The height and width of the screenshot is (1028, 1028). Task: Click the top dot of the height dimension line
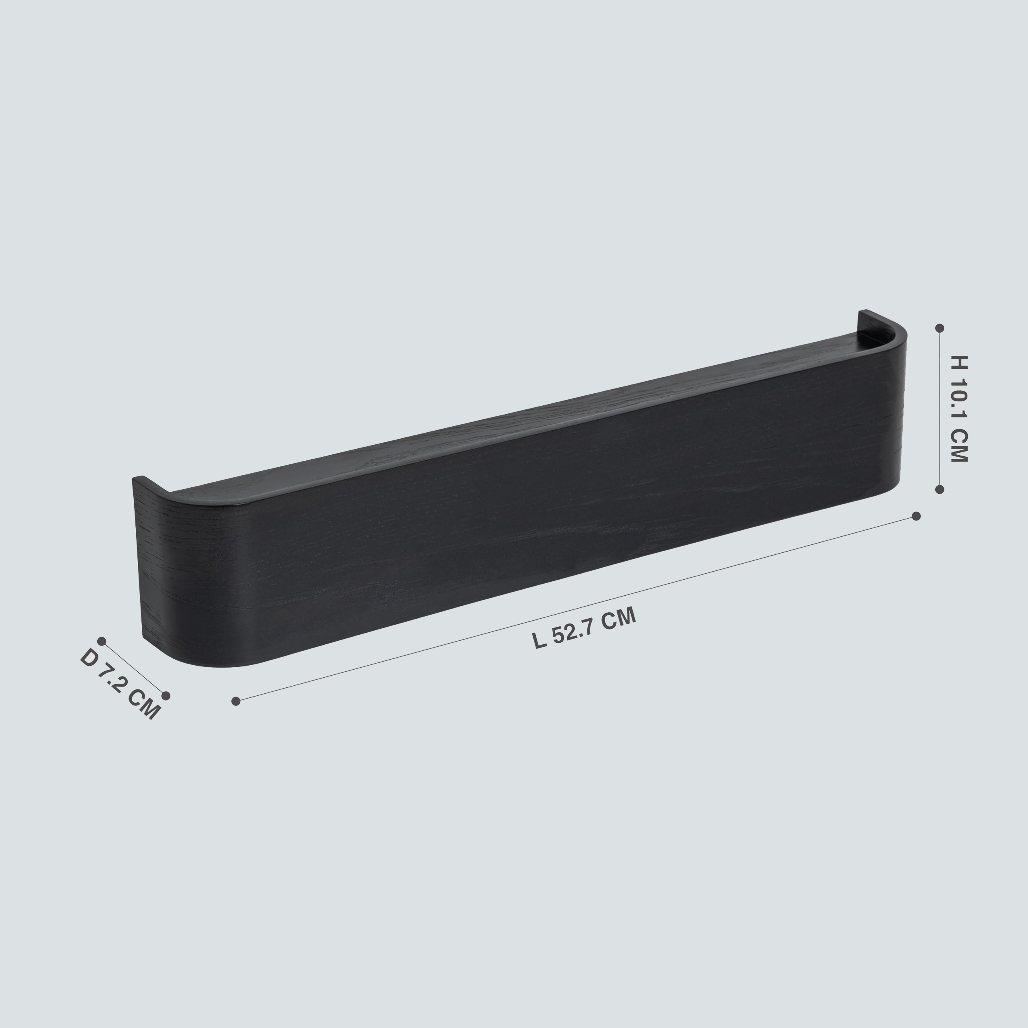click(x=940, y=328)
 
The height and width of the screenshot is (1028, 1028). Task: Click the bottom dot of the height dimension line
click(x=940, y=489)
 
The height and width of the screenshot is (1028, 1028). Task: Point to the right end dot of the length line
click(x=916, y=516)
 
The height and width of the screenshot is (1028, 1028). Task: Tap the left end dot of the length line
click(x=236, y=701)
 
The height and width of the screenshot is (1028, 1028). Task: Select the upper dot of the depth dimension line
click(x=102, y=641)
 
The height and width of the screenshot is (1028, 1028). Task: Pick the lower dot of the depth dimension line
click(x=166, y=696)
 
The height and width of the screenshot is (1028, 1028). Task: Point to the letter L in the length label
click(x=540, y=641)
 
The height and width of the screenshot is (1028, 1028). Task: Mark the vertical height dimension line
click(x=940, y=409)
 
